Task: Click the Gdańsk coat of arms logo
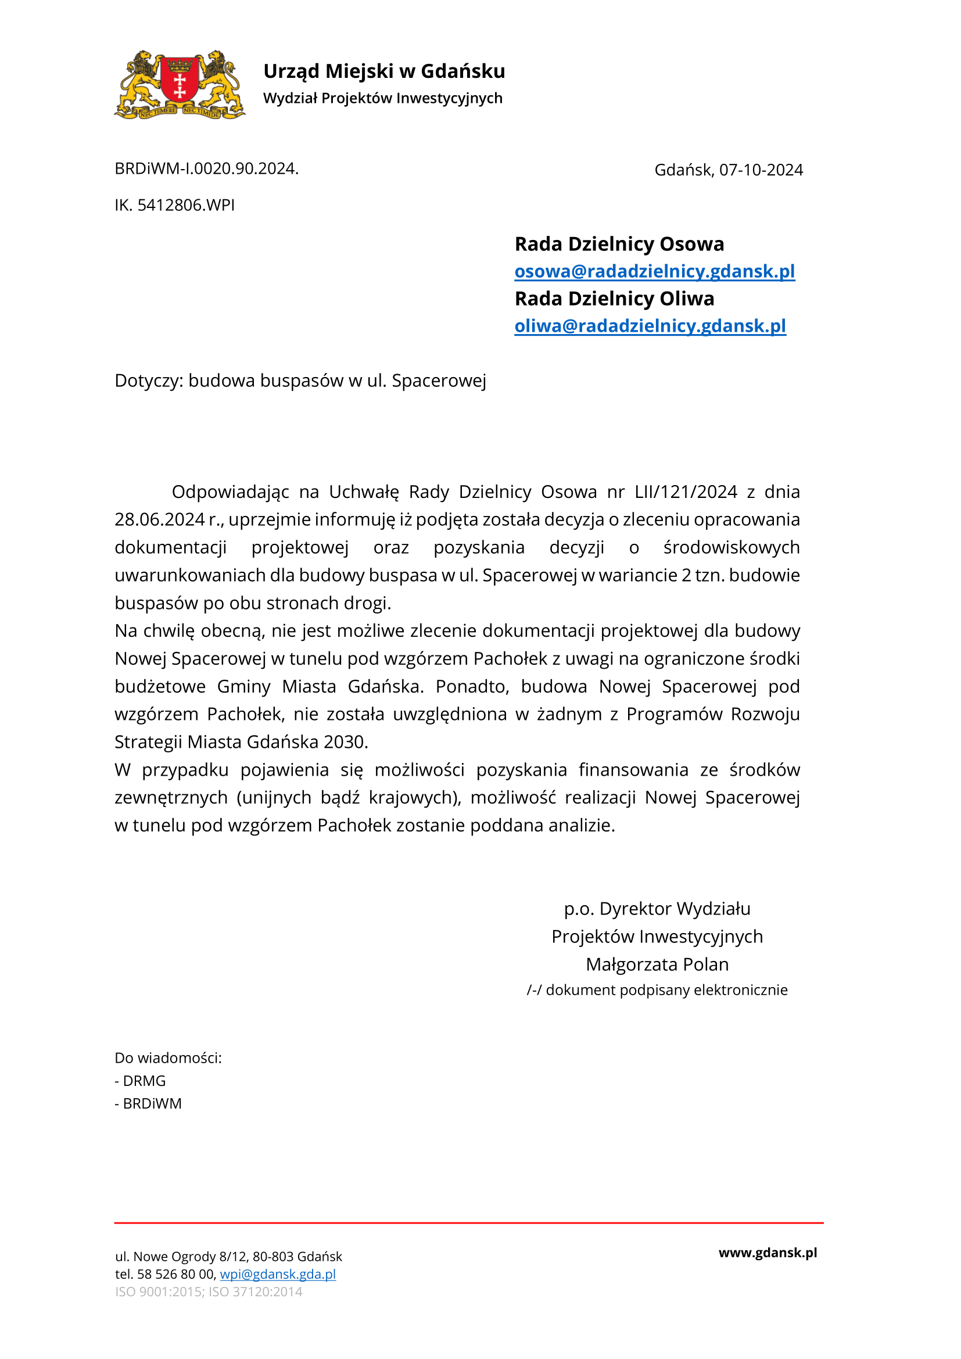[x=180, y=85]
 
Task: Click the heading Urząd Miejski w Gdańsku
[x=384, y=71]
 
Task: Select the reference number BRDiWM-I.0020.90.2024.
[x=206, y=168]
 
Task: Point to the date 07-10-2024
[x=761, y=170]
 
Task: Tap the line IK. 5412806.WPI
[x=174, y=205]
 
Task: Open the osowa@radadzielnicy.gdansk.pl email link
[x=654, y=271]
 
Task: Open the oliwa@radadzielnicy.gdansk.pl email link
[x=650, y=325]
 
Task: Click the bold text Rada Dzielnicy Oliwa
[x=614, y=298]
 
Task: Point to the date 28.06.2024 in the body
[x=159, y=519]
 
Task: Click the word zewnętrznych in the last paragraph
[x=171, y=798]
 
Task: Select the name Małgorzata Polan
[x=657, y=965]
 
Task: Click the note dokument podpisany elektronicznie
[x=666, y=990]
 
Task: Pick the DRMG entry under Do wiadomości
[x=144, y=1081]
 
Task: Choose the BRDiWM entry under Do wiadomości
[x=152, y=1104]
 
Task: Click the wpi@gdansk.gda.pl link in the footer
[x=278, y=1274]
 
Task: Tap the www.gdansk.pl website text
[x=768, y=1253]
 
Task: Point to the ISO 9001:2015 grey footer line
[x=209, y=1292]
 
